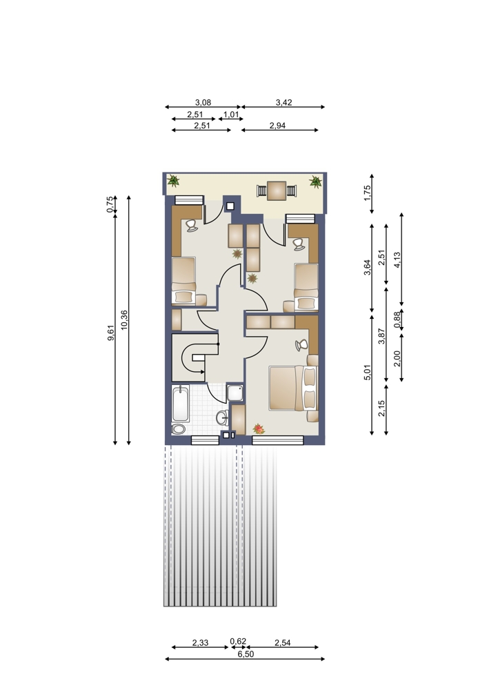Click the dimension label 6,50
pos(246,654)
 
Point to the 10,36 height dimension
pos(124,320)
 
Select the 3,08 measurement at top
pos(203,103)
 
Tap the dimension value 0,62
pos(238,641)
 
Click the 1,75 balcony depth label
pos(368,193)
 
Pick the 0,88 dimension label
pos(397,320)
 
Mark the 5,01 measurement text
pos(368,373)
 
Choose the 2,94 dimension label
pos(277,126)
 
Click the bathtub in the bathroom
pos(180,403)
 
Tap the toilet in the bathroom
pos(179,429)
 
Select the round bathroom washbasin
pos(221,417)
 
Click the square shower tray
pos(235,393)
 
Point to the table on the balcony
pos(277,191)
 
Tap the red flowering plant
pos(259,428)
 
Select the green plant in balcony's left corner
pos(173,180)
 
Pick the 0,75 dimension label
pos(110,204)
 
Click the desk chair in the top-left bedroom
pos(191,226)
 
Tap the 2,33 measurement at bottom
pos(200,643)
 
